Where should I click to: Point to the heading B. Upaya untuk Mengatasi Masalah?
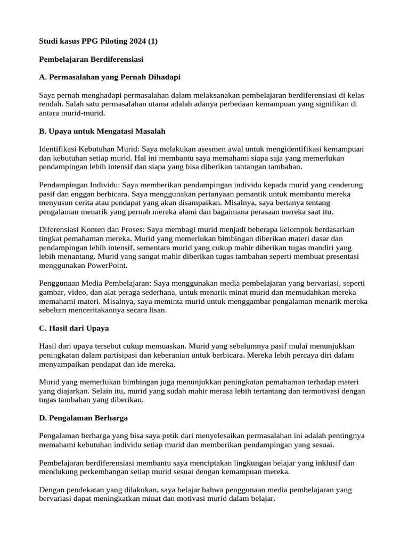point(103,131)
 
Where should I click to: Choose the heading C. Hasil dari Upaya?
point(74,328)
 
